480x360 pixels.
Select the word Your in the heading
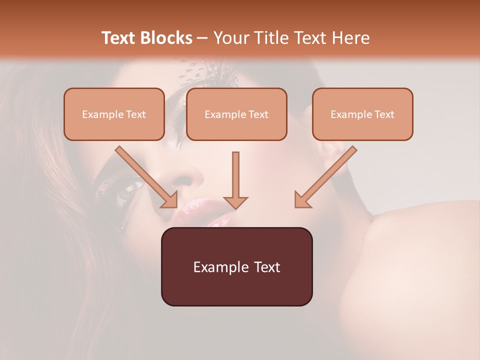pyautogui.click(x=230, y=38)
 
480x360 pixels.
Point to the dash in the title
pyautogui.click(x=202, y=38)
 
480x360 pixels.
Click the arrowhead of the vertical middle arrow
pyautogui.click(x=235, y=201)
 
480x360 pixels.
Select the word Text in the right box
pyautogui.click(x=384, y=114)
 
